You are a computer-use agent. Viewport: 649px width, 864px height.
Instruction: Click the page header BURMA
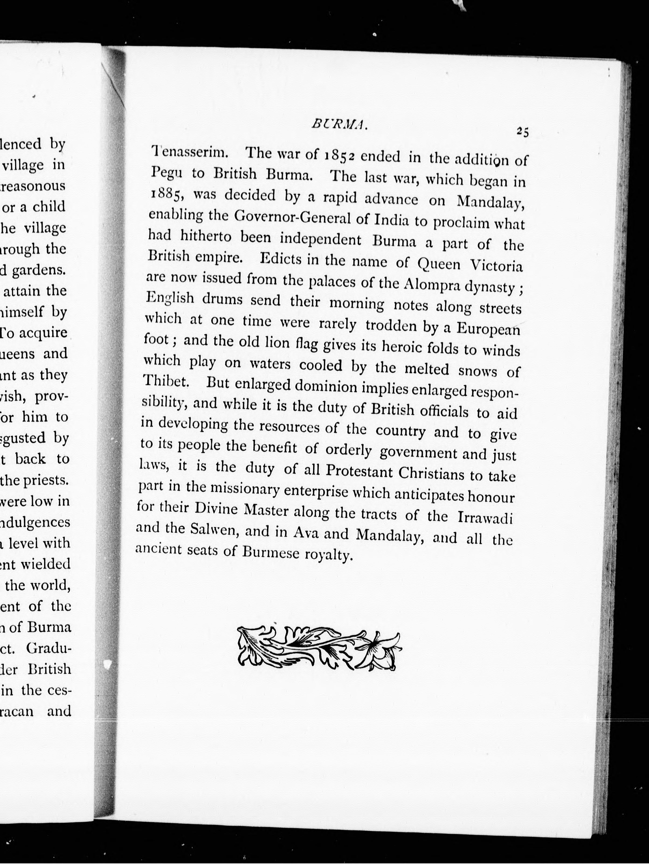point(339,125)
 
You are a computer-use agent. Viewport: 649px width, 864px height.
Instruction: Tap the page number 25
point(522,132)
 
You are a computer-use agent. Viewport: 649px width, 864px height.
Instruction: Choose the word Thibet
point(166,381)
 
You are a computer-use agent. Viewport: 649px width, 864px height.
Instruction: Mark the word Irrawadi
point(485,518)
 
